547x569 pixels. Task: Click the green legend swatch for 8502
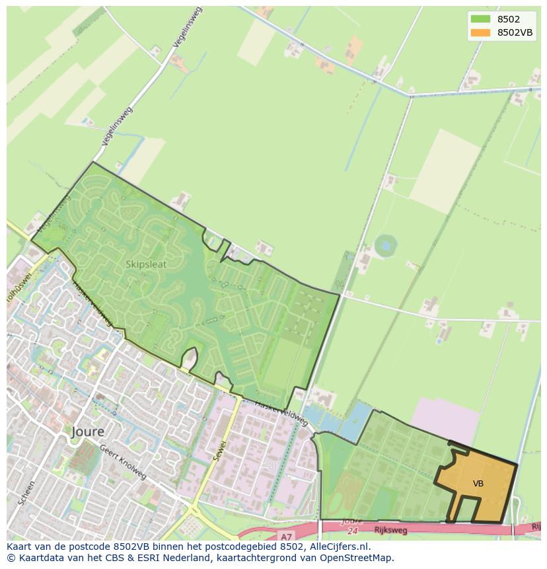[x=480, y=19]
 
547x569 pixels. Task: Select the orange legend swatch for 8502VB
[x=480, y=32]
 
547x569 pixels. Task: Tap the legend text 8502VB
[x=515, y=32]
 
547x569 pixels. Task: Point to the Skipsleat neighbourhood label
[x=146, y=264]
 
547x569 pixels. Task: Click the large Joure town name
[x=88, y=432]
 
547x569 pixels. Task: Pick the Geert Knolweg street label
[x=123, y=461]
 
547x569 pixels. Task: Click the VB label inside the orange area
[x=478, y=484]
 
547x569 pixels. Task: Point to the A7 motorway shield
[x=285, y=537]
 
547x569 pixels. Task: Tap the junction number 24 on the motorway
[x=351, y=530]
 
